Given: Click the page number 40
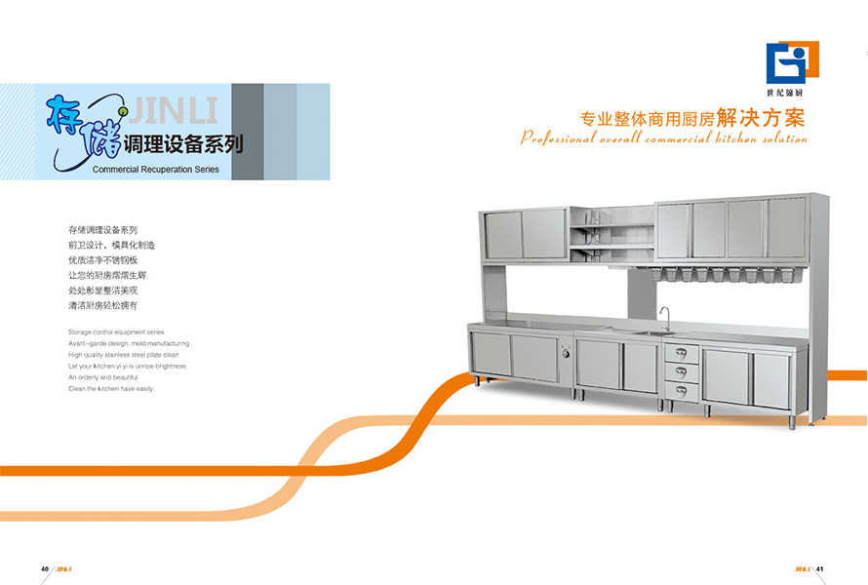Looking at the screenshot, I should pos(45,569).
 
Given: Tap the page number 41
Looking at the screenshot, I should pos(821,569).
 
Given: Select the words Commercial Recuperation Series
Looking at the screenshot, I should pos(156,169).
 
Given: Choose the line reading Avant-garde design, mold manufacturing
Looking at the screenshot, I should pos(129,343).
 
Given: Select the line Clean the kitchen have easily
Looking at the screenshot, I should pos(110,388).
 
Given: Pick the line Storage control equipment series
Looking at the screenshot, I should pos(116,332).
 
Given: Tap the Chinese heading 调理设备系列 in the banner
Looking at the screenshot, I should pos(184,145).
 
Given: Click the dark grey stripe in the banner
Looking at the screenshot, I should pos(248,132).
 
